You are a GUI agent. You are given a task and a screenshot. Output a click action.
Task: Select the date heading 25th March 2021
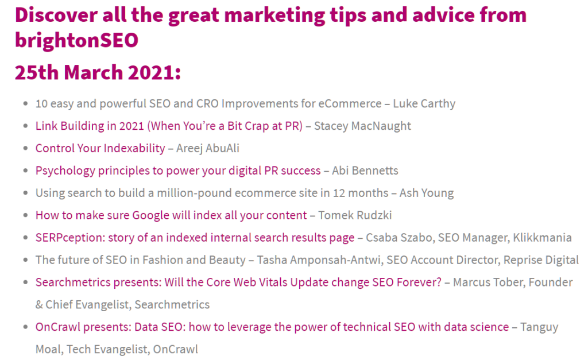98,72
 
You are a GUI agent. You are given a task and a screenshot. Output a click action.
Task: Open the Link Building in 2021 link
169,126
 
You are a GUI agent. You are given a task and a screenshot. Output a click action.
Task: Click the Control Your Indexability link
100,149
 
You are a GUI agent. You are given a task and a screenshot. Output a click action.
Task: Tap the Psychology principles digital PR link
178,171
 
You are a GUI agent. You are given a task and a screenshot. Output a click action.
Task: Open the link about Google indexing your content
171,215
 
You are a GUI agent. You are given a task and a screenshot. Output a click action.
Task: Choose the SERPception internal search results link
195,238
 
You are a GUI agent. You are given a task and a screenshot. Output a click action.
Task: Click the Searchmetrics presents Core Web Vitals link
238,282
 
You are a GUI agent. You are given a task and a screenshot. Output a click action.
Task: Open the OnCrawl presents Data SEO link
272,327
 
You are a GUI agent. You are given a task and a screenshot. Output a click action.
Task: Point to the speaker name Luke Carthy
424,103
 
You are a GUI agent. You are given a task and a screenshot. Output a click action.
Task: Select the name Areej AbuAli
208,149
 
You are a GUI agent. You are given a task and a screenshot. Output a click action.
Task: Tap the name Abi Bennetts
365,171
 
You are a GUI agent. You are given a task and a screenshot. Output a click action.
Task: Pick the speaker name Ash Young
427,193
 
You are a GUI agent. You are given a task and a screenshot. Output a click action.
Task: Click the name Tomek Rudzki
355,215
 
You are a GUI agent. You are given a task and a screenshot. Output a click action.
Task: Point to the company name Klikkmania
542,238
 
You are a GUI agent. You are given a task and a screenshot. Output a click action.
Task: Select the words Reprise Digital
541,260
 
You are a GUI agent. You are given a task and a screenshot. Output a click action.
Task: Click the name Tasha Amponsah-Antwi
318,260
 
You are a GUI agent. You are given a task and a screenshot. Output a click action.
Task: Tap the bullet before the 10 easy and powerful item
25,103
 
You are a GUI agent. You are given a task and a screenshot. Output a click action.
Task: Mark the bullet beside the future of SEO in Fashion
25,260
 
